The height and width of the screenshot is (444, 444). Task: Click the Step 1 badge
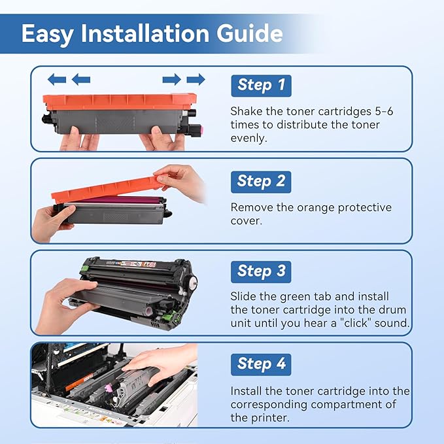[x=261, y=85]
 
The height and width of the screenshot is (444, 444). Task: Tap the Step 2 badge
[x=261, y=181]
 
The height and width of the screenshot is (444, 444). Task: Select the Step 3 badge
[x=261, y=271]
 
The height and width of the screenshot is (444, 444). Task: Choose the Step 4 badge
[x=261, y=364]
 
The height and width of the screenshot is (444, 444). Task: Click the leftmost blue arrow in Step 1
[x=57, y=80]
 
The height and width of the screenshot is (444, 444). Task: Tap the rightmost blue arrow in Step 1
[x=195, y=80]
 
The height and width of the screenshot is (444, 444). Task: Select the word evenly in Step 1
[x=249, y=137]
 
